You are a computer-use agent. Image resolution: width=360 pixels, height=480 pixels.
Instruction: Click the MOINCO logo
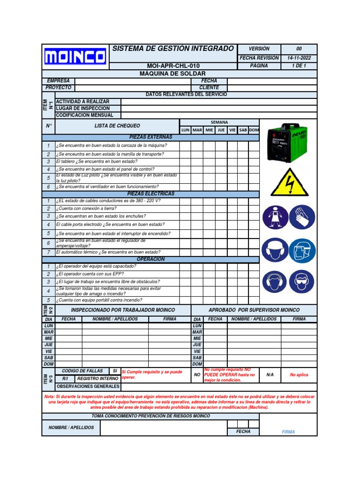tap(75, 57)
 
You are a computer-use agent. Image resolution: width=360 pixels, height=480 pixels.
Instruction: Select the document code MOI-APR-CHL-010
tap(173, 66)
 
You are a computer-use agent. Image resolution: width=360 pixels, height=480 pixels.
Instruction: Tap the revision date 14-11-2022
tap(299, 58)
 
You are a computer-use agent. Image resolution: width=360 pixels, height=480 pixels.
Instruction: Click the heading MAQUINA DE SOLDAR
tap(173, 74)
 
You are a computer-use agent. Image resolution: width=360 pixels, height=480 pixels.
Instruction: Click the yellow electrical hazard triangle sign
tap(290, 182)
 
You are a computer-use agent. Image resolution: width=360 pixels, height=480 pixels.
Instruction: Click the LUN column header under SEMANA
tap(185, 130)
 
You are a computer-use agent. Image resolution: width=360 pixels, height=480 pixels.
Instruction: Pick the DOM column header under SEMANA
tap(254, 130)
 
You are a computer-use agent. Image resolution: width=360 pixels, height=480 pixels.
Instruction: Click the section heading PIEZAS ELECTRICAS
tap(150, 194)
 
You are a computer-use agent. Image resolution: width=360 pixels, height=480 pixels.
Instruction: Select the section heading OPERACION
tap(150, 259)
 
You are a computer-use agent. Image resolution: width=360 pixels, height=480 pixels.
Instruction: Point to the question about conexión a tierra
tap(86, 209)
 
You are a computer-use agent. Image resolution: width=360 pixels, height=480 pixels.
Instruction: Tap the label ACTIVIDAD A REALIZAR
tap(82, 102)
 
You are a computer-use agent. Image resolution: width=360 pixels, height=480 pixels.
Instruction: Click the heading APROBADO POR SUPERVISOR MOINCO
tap(254, 310)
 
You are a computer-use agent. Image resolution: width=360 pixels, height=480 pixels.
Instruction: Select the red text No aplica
tap(299, 375)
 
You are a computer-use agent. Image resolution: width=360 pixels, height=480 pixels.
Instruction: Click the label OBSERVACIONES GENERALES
tap(88, 387)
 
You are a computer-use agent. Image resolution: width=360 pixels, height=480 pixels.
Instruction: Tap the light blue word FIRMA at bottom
tap(288, 432)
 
